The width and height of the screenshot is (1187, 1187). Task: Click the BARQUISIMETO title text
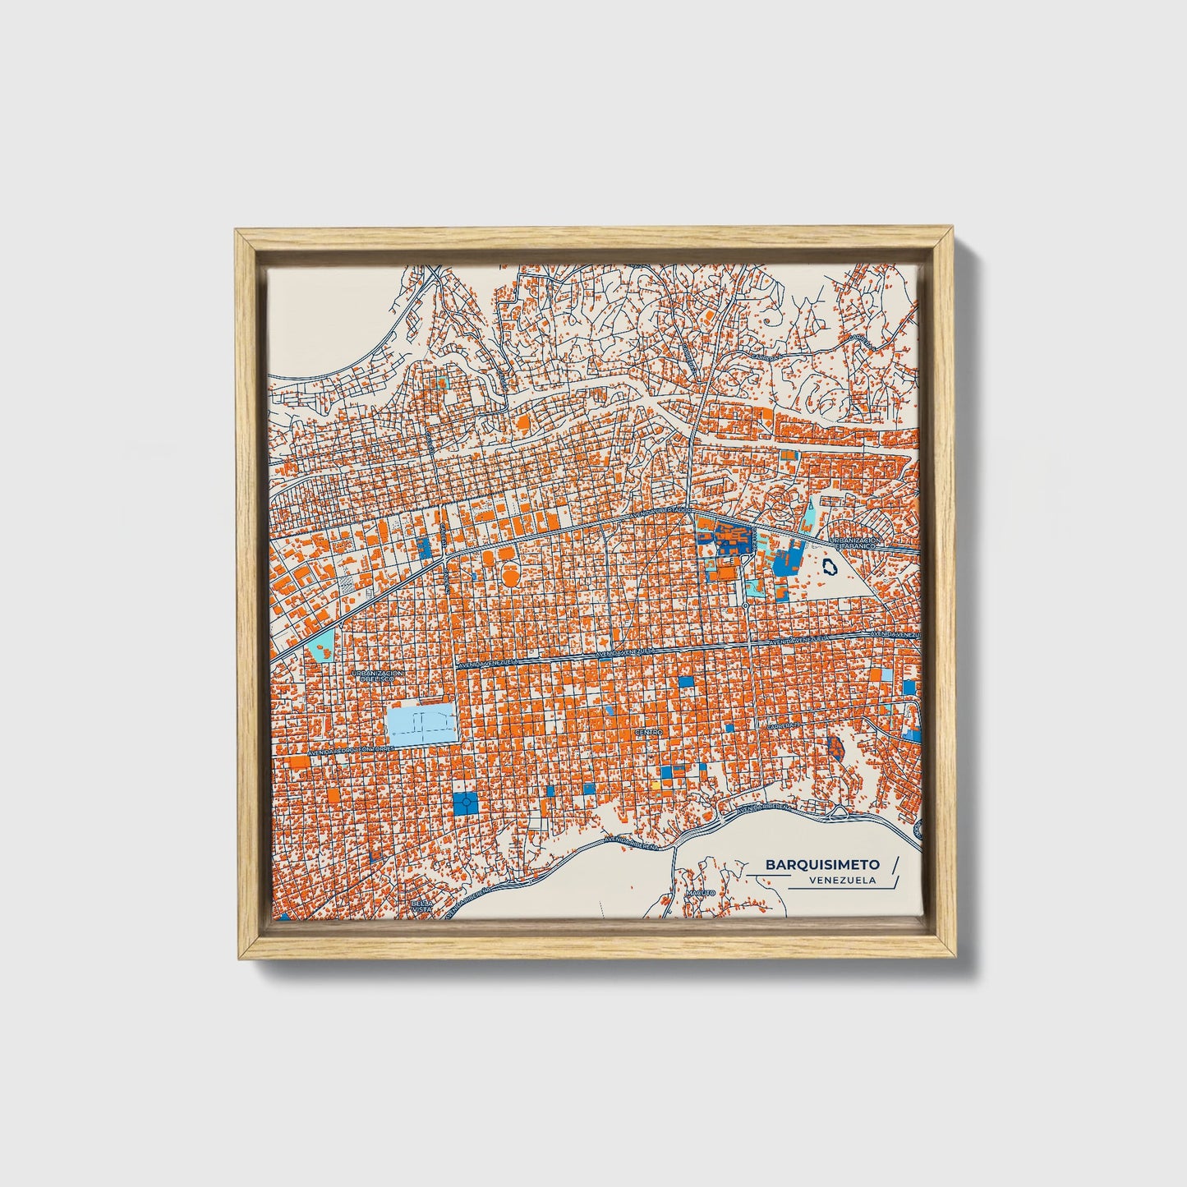click(822, 864)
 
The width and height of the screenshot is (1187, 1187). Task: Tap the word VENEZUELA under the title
click(841, 880)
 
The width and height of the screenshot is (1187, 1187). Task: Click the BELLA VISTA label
click(421, 906)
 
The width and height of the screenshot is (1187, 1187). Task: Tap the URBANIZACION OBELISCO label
click(377, 675)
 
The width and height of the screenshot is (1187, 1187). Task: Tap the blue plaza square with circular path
click(465, 802)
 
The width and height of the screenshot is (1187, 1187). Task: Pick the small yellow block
click(656, 784)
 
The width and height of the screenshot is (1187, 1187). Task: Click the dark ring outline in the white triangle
click(830, 566)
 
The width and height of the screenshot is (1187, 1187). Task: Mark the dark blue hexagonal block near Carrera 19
click(835, 748)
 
